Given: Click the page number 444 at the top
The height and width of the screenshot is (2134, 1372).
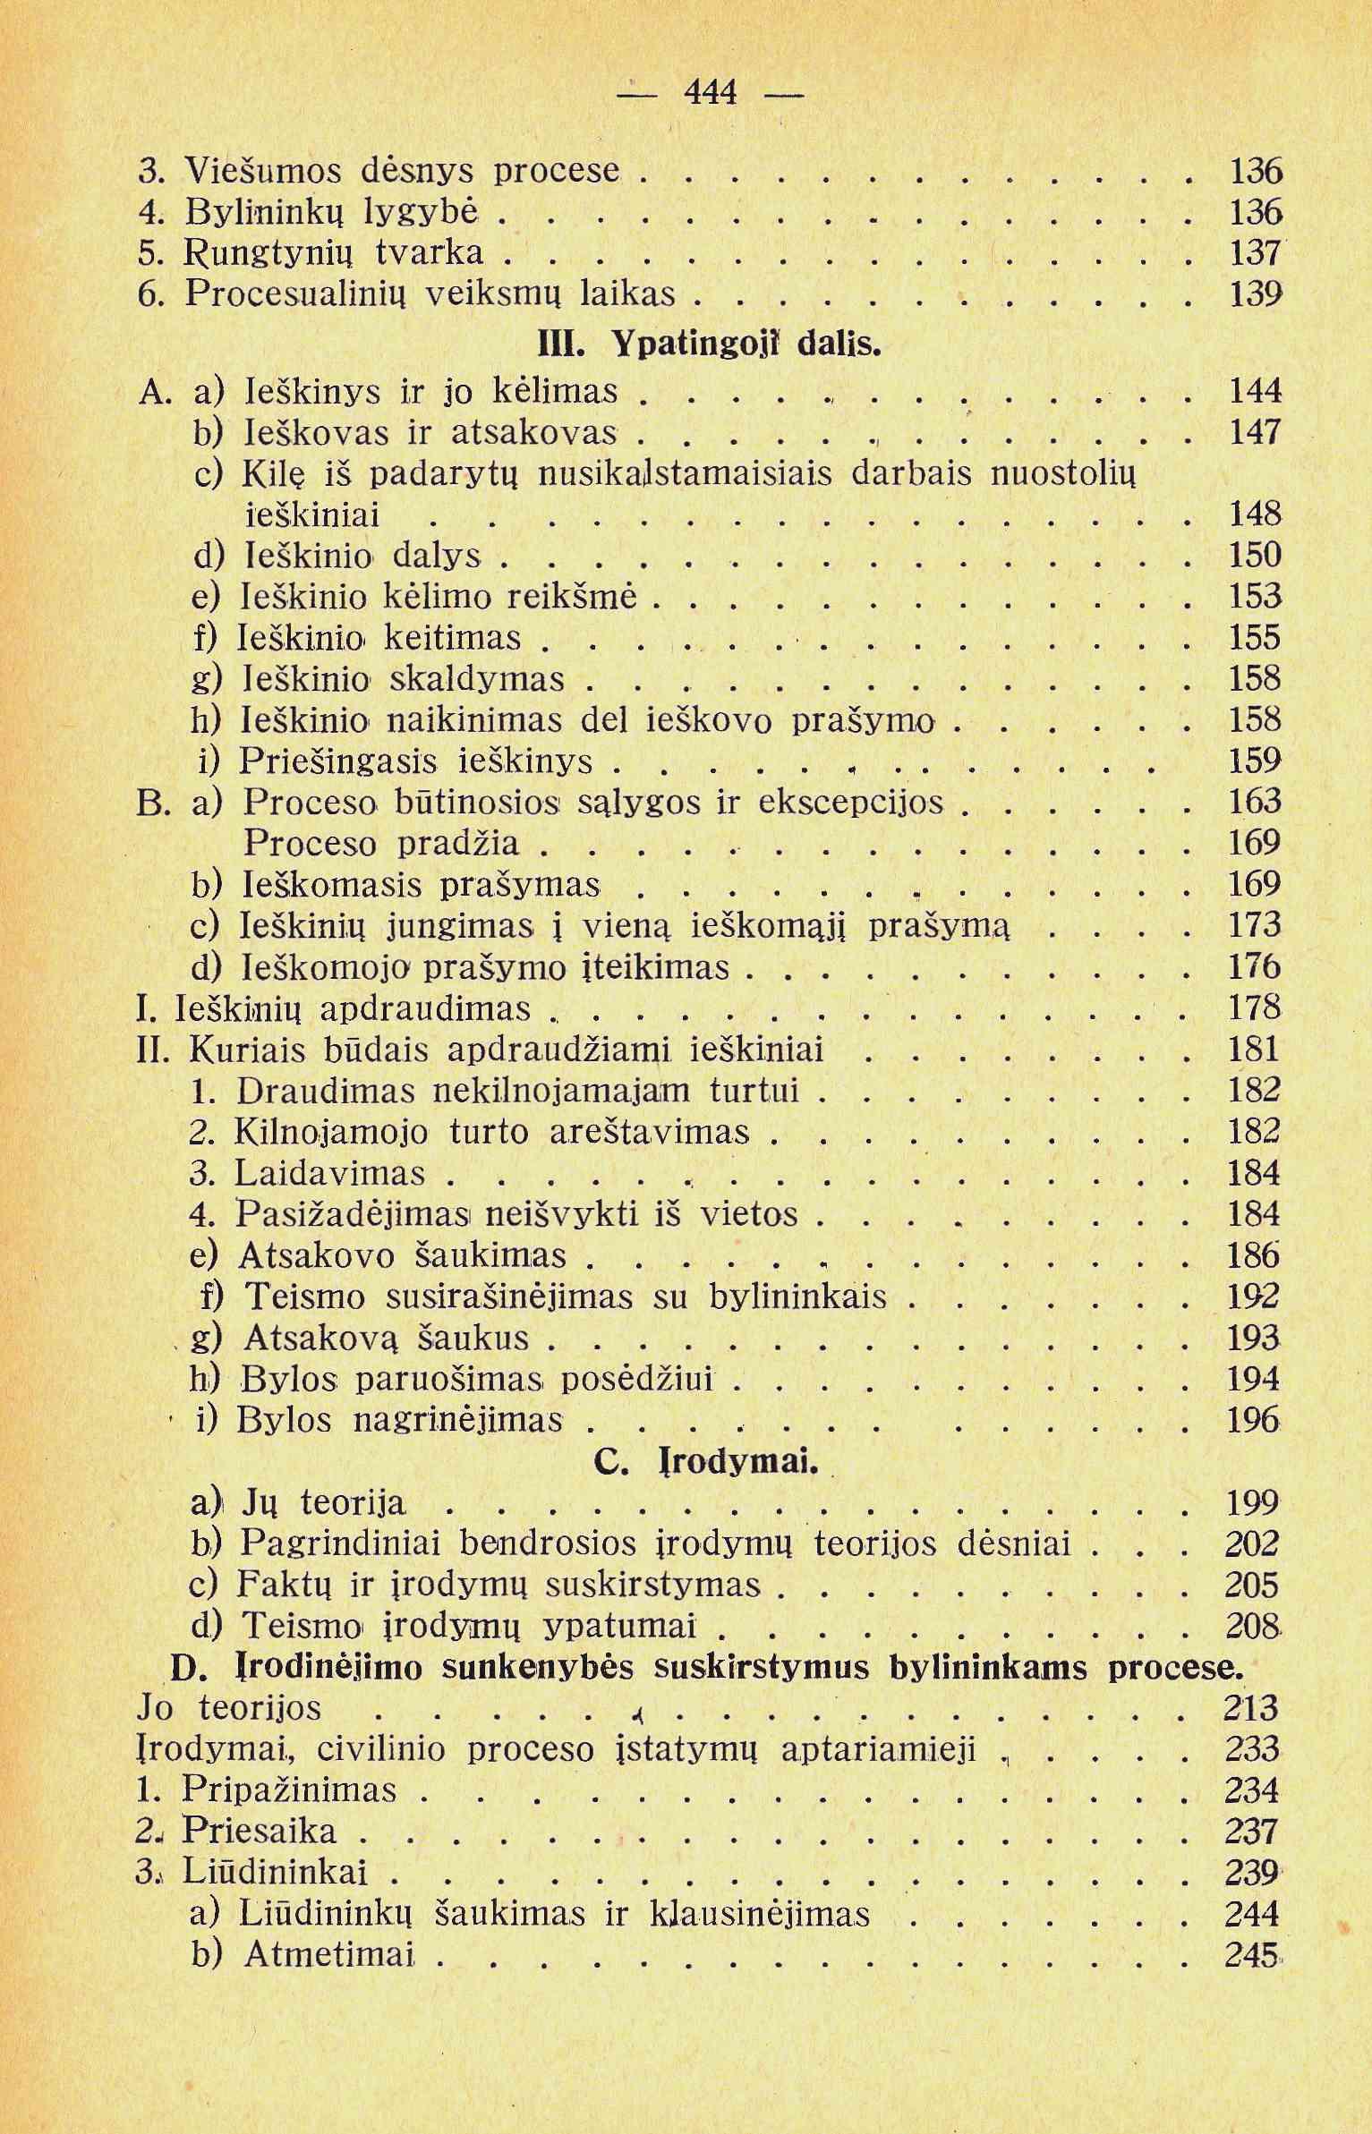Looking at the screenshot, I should [x=710, y=91].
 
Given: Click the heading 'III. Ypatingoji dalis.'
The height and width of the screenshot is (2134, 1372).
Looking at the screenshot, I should [x=709, y=344].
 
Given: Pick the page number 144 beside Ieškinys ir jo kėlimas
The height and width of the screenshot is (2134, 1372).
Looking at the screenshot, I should [x=1255, y=391].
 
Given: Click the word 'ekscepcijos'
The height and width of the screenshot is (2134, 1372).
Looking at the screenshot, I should [x=850, y=802].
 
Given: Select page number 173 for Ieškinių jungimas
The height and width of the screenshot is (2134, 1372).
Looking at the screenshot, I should [x=1255, y=924].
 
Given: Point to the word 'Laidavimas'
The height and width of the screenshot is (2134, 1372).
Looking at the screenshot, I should [x=329, y=1173].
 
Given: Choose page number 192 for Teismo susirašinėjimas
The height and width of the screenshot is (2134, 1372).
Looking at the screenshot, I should [x=1255, y=1297].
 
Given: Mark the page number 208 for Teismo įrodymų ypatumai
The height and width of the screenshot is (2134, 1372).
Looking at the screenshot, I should [x=1253, y=1626].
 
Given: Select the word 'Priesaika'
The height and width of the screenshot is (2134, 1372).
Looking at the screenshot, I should [x=260, y=1831].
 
